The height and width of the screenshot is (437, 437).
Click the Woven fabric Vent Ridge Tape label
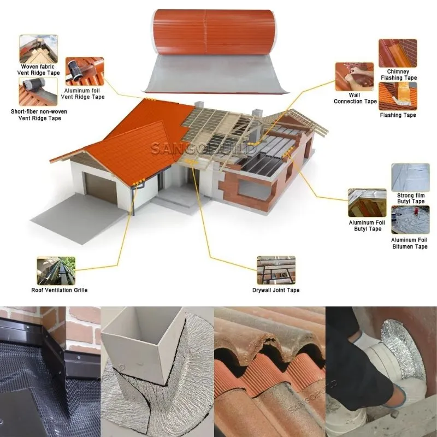coord(38,70)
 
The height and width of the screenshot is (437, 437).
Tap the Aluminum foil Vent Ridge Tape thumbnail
coord(85,72)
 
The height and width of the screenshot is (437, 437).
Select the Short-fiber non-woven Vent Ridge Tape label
coord(39,115)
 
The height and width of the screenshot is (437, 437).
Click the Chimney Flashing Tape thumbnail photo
coord(398,53)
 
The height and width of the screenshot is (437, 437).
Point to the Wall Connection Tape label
coord(355,98)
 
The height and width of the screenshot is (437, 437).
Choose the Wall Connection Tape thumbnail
coord(354,76)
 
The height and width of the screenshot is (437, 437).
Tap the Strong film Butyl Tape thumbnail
coord(411,178)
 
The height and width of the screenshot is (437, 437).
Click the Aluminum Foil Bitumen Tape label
coord(409,243)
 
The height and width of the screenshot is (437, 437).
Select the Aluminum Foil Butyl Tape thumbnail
coord(367,203)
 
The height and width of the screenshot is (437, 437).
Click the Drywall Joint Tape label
coord(276,290)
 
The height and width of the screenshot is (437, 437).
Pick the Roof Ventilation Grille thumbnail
coord(56,271)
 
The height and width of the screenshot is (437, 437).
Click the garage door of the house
coord(101,188)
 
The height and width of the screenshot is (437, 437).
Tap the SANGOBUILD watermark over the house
coord(203,149)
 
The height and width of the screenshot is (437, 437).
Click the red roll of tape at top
coord(214,32)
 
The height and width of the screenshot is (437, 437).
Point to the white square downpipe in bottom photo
coord(143,345)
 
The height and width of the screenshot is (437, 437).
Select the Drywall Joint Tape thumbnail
coord(276,270)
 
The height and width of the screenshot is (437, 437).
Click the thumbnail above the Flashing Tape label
coord(398,96)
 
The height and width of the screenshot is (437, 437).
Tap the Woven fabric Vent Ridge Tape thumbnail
coord(38,49)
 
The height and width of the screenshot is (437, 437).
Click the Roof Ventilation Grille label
coord(60,290)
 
